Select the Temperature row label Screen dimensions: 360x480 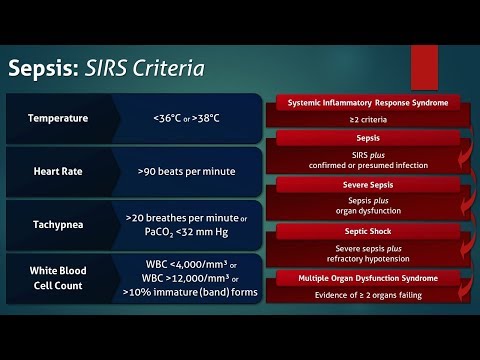(x=59, y=118)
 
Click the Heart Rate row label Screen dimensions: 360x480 (x=59, y=171)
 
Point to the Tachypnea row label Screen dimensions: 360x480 (x=59, y=223)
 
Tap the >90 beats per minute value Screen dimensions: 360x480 (x=187, y=171)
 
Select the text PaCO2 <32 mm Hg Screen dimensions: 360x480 (x=188, y=232)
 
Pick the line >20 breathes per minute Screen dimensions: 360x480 (x=186, y=216)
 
